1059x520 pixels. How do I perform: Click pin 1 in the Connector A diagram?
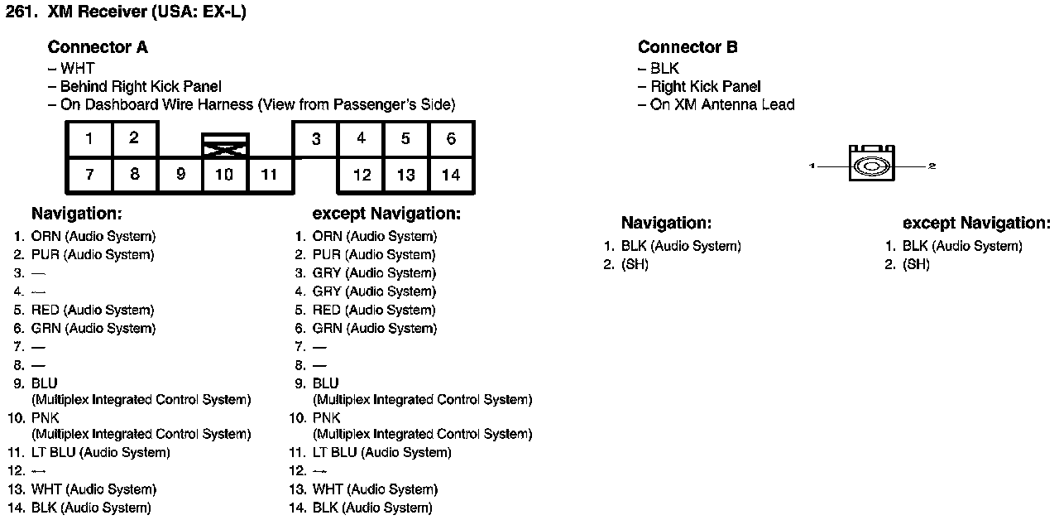click(89, 138)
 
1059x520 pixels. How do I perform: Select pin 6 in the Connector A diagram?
click(451, 138)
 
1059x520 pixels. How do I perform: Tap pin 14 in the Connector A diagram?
click(451, 175)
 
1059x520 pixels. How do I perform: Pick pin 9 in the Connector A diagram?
click(180, 175)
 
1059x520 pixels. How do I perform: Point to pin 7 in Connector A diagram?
click(89, 175)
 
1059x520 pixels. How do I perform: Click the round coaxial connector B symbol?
click(871, 166)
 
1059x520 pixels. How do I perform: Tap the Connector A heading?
click(98, 47)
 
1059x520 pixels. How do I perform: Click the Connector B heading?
click(688, 47)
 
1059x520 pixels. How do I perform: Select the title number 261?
click(21, 12)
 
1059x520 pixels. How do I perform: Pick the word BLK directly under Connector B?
click(664, 68)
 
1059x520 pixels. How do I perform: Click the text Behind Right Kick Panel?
click(141, 86)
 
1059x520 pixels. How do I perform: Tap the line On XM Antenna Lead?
click(722, 104)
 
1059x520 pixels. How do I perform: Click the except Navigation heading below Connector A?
click(386, 214)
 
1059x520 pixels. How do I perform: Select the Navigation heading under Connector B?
click(666, 223)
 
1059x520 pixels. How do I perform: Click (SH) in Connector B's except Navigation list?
click(916, 265)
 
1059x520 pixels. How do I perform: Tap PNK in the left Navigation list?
click(46, 418)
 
